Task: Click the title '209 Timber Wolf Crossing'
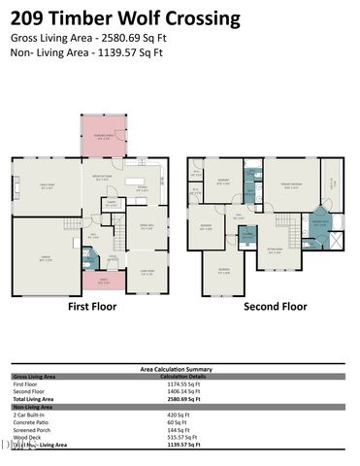pos(126,17)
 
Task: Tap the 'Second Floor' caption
pos(275,306)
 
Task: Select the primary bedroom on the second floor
pos(290,184)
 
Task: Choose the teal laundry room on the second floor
pos(247,235)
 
